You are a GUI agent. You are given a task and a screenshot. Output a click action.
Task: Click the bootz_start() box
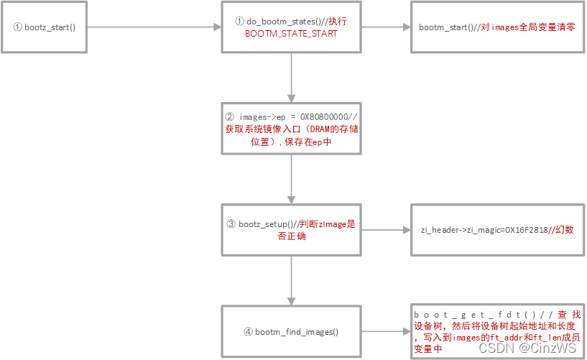tap(45, 27)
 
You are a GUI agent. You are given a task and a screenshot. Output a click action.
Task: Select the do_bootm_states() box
tap(291, 27)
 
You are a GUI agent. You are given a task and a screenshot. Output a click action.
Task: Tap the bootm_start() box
tap(496, 27)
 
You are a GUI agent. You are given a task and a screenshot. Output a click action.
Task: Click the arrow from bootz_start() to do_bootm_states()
tap(154, 27)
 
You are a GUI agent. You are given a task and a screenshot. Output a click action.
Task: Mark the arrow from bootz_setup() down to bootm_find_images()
tap(291, 280)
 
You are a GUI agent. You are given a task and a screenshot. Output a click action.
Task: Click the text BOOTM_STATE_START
tap(291, 33)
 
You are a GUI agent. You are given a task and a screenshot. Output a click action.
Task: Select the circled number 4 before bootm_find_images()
tap(249, 332)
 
